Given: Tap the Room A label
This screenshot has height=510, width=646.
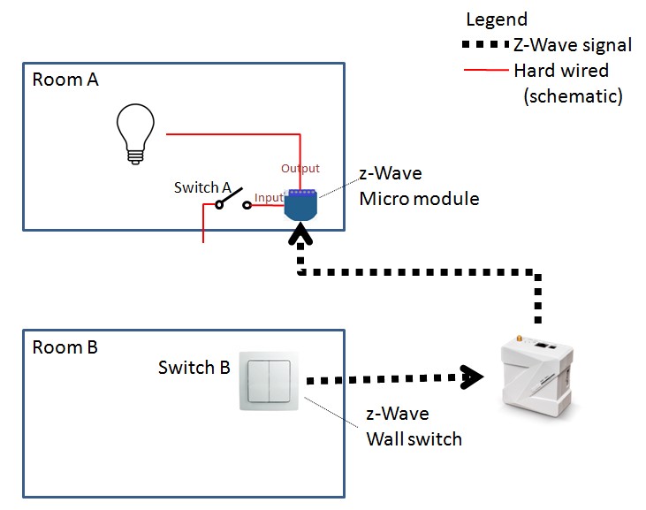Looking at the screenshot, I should tap(65, 80).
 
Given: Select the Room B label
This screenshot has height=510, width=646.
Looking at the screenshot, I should tap(65, 347).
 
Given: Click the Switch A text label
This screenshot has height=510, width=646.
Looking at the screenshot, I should tap(202, 188).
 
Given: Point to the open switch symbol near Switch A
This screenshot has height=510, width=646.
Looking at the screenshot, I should tap(232, 202).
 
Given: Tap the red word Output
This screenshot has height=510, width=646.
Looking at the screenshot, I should tap(300, 168).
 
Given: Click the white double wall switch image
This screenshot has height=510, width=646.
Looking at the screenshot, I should tap(270, 380).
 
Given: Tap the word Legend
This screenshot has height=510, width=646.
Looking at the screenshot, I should tap(497, 19).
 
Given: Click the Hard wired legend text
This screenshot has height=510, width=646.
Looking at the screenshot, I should tap(560, 70).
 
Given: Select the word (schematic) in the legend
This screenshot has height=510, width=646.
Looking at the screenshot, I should tap(574, 95).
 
